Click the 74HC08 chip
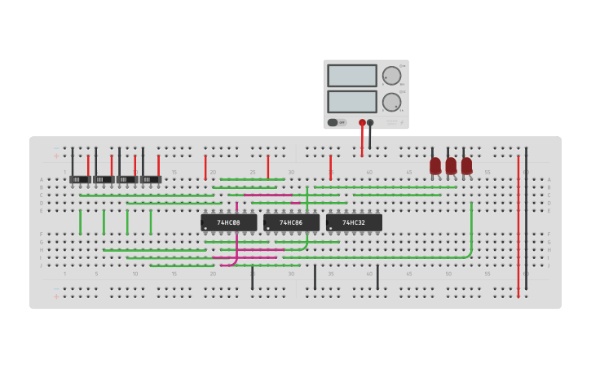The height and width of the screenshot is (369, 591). pyautogui.click(x=228, y=222)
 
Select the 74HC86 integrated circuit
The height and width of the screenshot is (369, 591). pyautogui.click(x=291, y=222)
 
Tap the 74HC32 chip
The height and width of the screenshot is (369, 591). pyautogui.click(x=354, y=222)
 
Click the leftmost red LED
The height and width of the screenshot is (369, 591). pyautogui.click(x=435, y=165)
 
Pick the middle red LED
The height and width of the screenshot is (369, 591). pyautogui.click(x=451, y=165)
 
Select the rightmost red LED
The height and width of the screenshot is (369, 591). pyautogui.click(x=466, y=165)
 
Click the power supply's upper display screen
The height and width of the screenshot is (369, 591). pyautogui.click(x=352, y=76)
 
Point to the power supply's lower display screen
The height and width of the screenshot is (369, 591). pyautogui.click(x=352, y=102)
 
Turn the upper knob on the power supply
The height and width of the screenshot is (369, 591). pyautogui.click(x=392, y=76)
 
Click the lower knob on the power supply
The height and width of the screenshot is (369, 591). pyautogui.click(x=392, y=103)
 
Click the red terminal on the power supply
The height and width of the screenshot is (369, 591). pyautogui.click(x=362, y=123)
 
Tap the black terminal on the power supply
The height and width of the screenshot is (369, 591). pyautogui.click(x=370, y=123)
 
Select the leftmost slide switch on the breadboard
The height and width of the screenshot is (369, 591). pyautogui.click(x=80, y=179)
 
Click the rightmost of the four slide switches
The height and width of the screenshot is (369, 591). pyautogui.click(x=151, y=179)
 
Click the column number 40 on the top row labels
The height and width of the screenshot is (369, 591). pyautogui.click(x=369, y=172)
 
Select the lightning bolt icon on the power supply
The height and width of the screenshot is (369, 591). pyautogui.click(x=401, y=122)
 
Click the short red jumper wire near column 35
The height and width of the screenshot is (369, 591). pyautogui.click(x=330, y=167)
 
